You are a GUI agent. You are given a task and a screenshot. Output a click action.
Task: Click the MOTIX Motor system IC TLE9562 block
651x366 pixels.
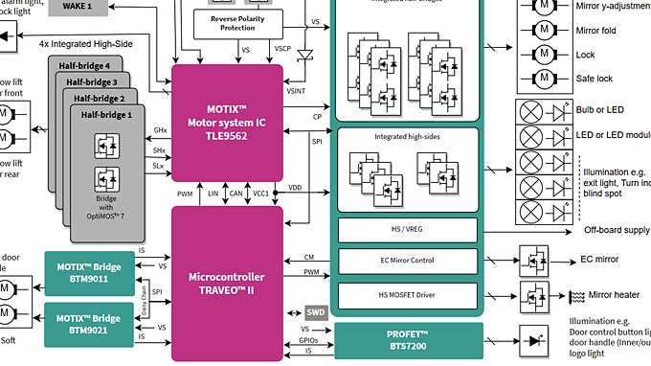coord(228,122)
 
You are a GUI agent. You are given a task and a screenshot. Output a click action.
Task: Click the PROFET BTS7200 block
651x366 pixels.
coord(407,340)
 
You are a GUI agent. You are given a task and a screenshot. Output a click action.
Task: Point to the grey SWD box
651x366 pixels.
coord(316,312)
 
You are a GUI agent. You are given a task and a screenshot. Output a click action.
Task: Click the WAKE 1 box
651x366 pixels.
coord(91,7)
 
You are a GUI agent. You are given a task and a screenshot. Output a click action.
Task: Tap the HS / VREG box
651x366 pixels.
coord(407,231)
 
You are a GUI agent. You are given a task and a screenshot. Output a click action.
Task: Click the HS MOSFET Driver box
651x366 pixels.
coord(407,293)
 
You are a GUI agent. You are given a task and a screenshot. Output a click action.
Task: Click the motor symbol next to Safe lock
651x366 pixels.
coord(543,79)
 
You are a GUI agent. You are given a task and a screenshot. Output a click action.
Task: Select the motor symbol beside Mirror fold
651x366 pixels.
coord(543,30)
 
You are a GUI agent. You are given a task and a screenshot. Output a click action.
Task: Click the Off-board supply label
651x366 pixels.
coord(617,231)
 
